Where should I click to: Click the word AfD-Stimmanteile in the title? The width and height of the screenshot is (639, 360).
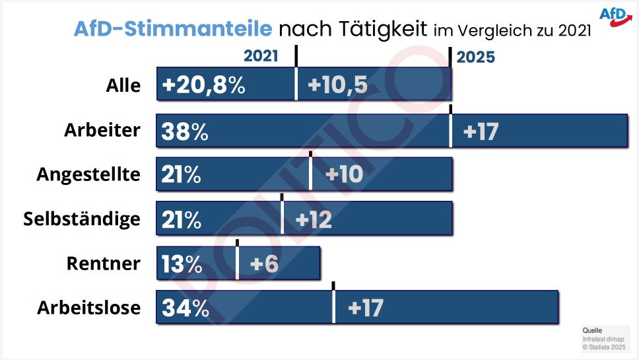pos(172,30)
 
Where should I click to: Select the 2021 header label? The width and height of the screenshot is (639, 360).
pos(261,57)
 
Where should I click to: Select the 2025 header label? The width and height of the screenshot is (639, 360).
pos(475,57)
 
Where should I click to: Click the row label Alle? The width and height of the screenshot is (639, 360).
pos(123,86)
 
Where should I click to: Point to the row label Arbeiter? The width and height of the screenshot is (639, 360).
pos(102,130)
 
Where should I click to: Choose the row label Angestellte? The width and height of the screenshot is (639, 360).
pos(88,174)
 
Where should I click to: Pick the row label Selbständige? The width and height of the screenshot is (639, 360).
pos(82,219)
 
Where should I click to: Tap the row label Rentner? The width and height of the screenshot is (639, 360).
pos(104,264)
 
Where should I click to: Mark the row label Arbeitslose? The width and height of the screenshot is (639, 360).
pos(88,308)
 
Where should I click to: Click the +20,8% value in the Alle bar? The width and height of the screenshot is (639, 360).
pos(203,85)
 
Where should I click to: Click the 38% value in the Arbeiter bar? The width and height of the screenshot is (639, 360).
pos(184,132)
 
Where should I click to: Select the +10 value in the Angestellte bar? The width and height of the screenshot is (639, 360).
pos(344,175)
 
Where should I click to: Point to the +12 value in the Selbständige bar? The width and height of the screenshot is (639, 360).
pos(314,219)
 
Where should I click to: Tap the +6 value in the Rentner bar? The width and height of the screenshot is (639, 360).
pos(264,264)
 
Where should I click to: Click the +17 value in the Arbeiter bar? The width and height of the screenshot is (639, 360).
pos(480,131)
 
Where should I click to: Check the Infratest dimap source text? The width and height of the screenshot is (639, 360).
pos(598,338)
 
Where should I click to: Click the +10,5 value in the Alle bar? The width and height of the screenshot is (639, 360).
pos(337,85)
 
